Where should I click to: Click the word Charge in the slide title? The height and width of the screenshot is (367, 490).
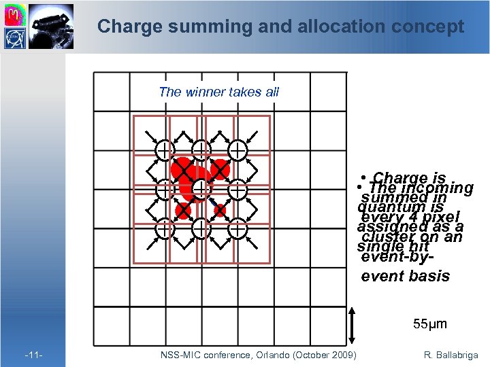point(125,27)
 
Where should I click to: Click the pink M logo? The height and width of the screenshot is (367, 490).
point(15,14)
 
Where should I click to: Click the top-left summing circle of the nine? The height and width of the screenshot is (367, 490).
point(164,150)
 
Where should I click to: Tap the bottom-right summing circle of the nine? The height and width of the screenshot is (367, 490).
point(238,230)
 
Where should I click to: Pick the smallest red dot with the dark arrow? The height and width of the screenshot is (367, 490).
point(220,210)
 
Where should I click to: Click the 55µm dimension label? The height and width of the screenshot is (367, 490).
point(429,324)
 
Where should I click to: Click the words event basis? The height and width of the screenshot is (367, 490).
point(405,276)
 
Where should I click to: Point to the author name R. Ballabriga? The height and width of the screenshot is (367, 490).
point(451,355)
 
